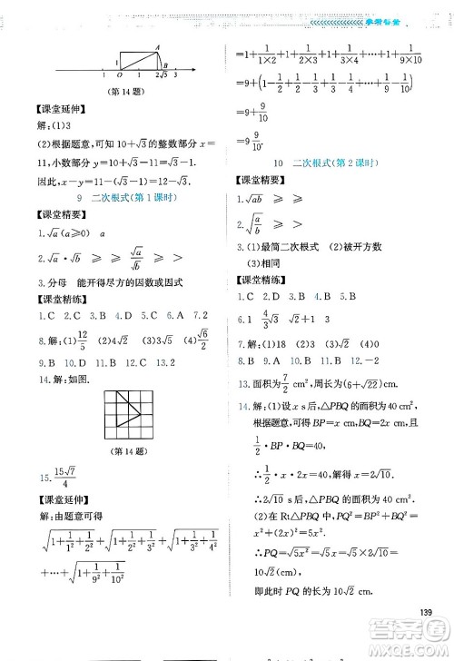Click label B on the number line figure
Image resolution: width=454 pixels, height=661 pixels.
[x=164, y=64]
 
